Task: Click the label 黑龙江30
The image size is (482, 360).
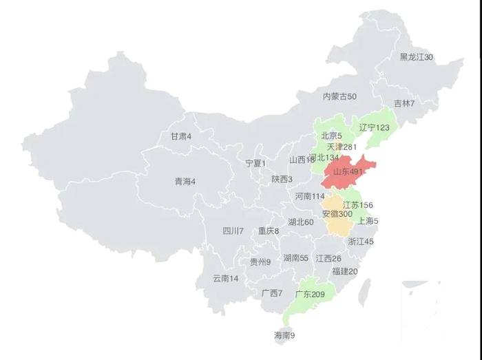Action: point(416,57)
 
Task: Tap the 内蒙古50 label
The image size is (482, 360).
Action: point(339,97)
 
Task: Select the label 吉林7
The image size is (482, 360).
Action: point(404,103)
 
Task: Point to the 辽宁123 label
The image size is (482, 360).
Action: point(374,128)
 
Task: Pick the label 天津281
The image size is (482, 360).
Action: point(342,147)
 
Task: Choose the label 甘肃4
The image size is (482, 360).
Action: point(180,136)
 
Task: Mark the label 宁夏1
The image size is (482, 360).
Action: point(255,163)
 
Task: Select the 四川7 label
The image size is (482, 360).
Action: point(233,231)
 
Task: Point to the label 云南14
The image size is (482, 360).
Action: point(225,278)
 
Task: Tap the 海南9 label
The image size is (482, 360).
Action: point(284,336)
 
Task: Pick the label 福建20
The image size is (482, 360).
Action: point(344,271)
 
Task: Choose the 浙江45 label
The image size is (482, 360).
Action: point(360,242)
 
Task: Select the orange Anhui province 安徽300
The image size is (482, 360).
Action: point(337,214)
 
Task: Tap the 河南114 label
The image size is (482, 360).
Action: point(309,196)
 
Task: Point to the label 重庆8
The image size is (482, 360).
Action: point(269,231)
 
